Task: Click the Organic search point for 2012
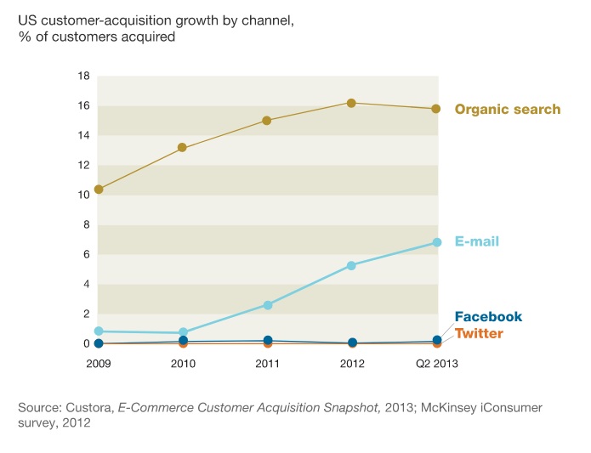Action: click(x=351, y=103)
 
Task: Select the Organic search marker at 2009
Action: click(x=99, y=190)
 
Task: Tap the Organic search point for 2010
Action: click(x=183, y=148)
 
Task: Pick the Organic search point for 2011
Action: click(x=267, y=121)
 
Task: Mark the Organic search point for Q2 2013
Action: click(x=436, y=109)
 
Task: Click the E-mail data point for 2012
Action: click(x=351, y=265)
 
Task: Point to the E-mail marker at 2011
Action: click(x=267, y=305)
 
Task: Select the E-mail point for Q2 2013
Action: click(x=436, y=242)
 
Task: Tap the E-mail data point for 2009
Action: click(x=99, y=331)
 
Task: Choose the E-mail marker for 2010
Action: click(x=183, y=333)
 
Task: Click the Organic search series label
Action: click(x=508, y=109)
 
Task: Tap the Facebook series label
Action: click(x=488, y=317)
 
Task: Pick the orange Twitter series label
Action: click(x=479, y=333)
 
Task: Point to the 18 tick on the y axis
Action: click(x=83, y=76)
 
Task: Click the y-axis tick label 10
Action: click(x=83, y=195)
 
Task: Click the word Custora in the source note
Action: click(x=87, y=409)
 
